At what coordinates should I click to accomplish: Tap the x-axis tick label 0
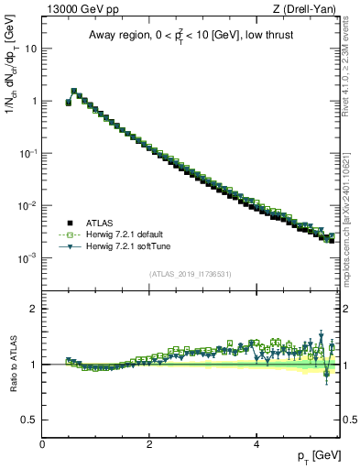point(42,444)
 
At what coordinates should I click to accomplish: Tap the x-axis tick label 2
point(149,444)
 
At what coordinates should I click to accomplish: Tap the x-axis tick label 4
point(256,444)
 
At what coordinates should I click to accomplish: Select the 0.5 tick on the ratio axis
point(31,420)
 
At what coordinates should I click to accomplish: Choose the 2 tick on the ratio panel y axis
point(35,309)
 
